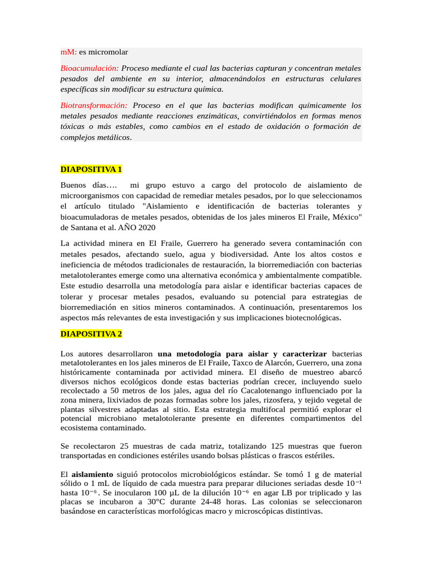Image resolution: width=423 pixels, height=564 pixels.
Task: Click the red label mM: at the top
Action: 68,52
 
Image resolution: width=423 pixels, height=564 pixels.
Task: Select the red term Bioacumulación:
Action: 89,68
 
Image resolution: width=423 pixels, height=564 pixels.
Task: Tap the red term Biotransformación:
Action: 94,105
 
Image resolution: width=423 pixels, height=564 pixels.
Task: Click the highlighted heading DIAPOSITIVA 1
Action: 91,169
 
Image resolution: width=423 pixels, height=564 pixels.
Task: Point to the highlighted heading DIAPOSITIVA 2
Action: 91,334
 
